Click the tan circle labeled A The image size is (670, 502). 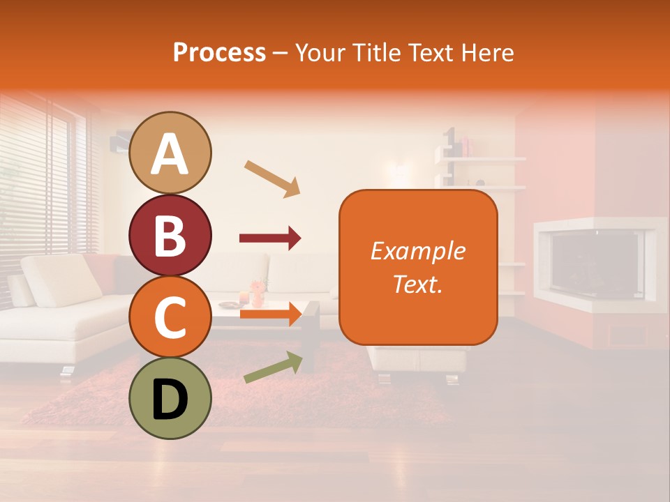170,153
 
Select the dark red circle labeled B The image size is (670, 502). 170,235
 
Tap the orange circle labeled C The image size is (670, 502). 170,317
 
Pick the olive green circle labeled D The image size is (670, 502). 170,398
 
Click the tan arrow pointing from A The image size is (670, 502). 272,178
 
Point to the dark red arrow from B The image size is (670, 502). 270,238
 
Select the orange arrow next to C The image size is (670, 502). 270,314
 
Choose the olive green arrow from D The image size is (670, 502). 273,367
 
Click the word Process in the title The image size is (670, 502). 219,52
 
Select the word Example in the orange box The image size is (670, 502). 417,251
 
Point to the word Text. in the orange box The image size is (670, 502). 417,284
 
